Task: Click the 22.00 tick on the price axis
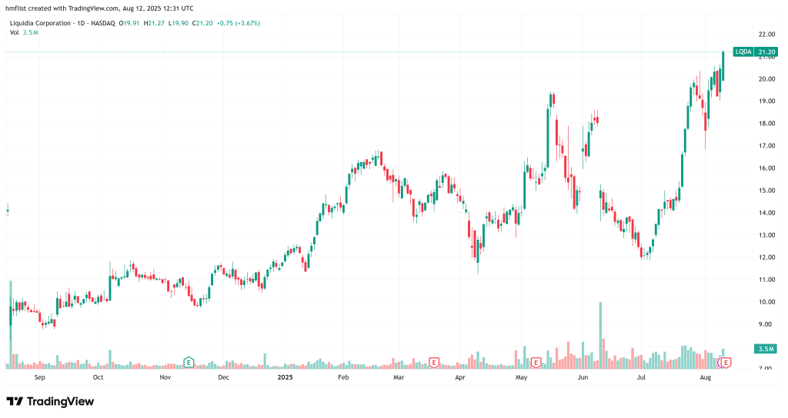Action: [766, 35]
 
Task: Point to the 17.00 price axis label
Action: [766, 146]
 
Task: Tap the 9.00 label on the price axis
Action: [766, 324]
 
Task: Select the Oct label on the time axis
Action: [98, 378]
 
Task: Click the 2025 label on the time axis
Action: [285, 378]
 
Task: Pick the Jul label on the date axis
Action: [641, 378]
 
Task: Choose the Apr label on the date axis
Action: [460, 378]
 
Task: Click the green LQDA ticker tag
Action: [743, 51]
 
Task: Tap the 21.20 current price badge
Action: [766, 51]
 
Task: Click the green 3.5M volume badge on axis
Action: [766, 349]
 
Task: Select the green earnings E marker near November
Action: [188, 361]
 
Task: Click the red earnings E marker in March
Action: [433, 361]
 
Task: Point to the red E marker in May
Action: [536, 361]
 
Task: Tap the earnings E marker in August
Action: [725, 361]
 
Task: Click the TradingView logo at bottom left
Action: [50, 401]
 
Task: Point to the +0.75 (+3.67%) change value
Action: [237, 23]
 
